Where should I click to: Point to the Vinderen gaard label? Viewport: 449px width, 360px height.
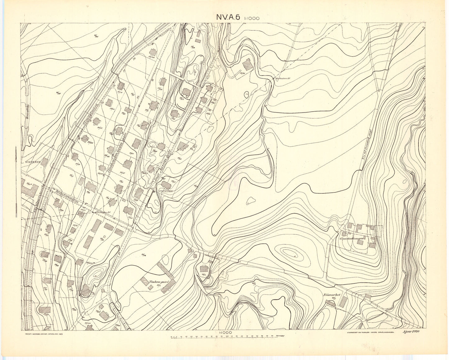pyautogui.click(x=158, y=282)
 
